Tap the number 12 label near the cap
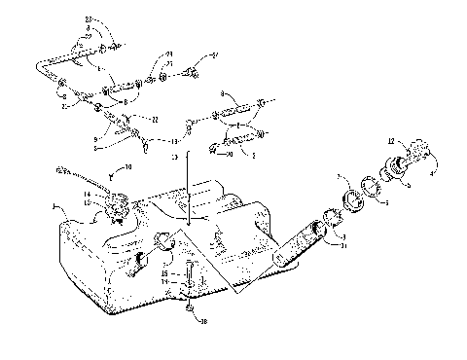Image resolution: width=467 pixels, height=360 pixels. [390, 143]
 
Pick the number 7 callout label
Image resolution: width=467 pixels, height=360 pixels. [340, 178]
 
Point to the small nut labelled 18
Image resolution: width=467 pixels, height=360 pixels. [191, 312]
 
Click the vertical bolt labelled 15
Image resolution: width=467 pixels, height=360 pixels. [188, 273]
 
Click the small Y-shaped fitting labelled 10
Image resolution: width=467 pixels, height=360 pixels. [112, 176]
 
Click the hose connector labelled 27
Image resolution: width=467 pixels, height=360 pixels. [196, 70]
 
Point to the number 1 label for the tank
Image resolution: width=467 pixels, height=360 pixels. [54, 206]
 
